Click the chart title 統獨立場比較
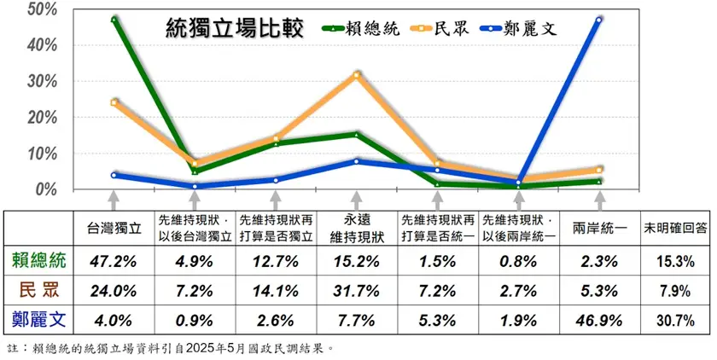click(x=234, y=29)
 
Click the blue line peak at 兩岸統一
click(x=599, y=20)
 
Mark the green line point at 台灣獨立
click(x=114, y=18)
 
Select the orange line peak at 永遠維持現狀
click(x=357, y=74)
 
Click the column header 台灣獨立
click(x=114, y=229)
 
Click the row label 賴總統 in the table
click(x=38, y=260)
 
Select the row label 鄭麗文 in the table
click(x=38, y=322)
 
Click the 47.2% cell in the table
click(x=114, y=260)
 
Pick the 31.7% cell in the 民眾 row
click(x=357, y=291)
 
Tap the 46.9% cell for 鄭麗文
click(x=599, y=322)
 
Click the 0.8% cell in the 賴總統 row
click(x=518, y=260)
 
